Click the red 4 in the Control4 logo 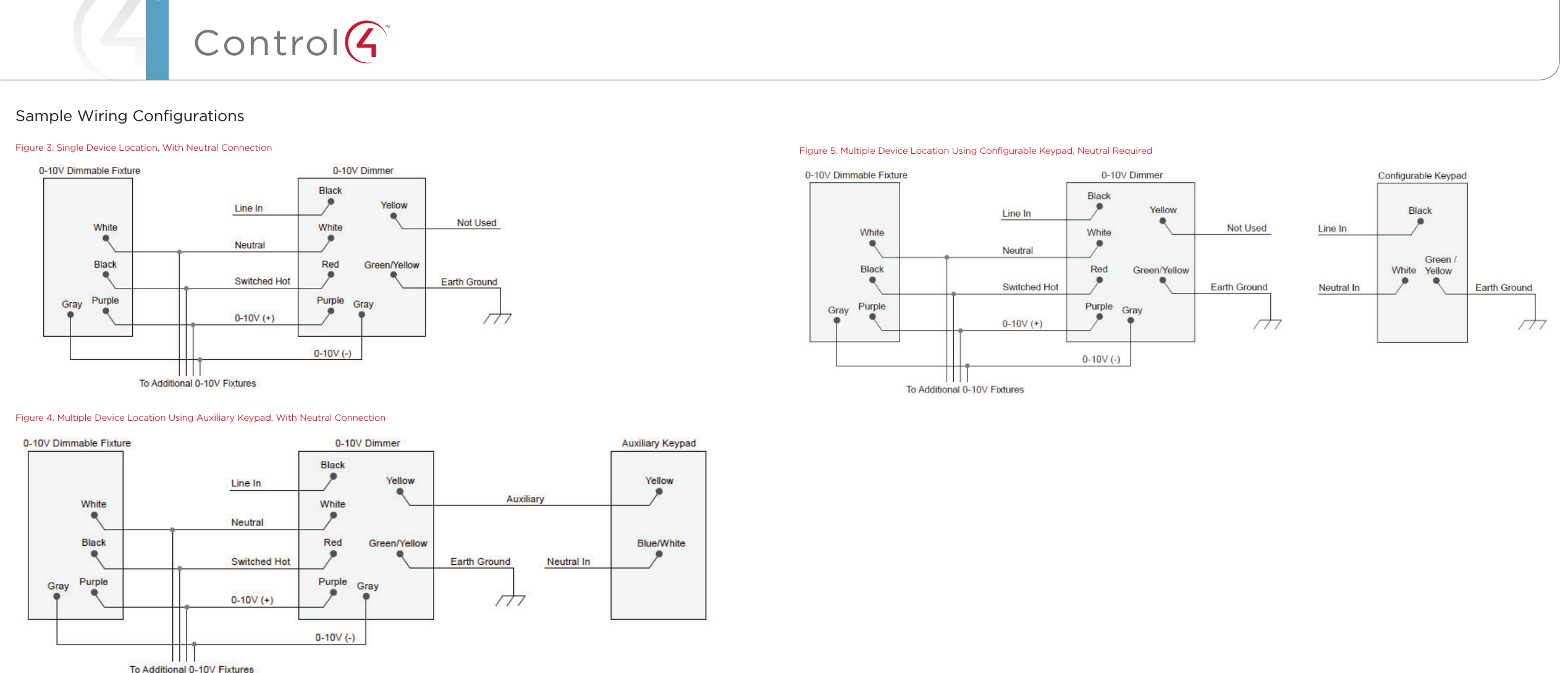click(366, 42)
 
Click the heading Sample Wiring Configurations click(130, 116)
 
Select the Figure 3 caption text click(143, 148)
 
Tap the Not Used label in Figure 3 click(476, 222)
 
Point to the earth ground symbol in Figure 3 click(497, 318)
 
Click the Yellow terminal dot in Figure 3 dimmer click(394, 216)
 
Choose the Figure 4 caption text click(200, 418)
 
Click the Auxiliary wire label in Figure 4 click(525, 499)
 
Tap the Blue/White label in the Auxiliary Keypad click(661, 543)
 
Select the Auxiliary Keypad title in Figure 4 click(659, 443)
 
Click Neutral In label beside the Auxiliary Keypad click(568, 562)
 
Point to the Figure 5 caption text click(976, 151)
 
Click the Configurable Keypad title click(1422, 176)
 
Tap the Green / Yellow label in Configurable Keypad click(1440, 265)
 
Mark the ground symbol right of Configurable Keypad click(1532, 324)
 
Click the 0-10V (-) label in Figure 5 click(1101, 359)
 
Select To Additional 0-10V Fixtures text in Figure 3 click(198, 383)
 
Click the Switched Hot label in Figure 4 click(261, 562)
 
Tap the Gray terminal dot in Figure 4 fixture click(57, 596)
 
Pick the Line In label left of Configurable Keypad click(1332, 229)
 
